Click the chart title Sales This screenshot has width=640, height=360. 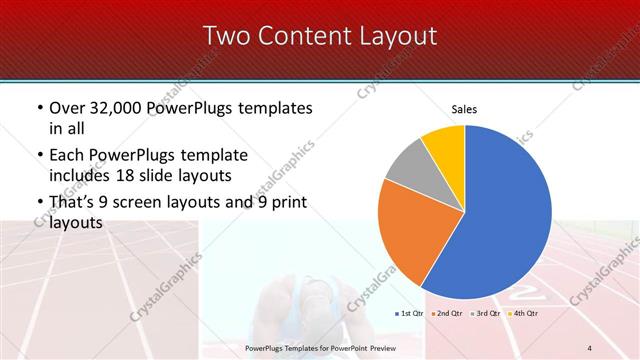(464, 108)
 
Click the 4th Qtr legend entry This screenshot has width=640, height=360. (525, 314)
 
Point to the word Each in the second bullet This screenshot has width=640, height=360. (65, 156)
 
